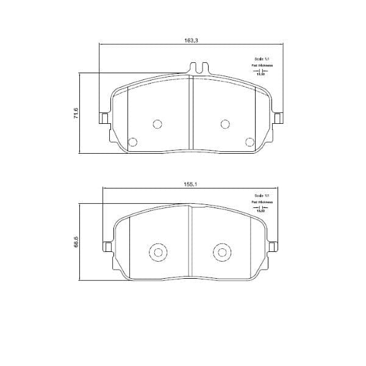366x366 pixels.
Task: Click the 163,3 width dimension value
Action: [x=191, y=40]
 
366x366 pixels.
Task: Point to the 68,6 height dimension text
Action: [x=76, y=242]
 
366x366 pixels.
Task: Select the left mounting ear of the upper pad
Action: [x=104, y=118]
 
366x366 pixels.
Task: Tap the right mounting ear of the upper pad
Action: [x=279, y=118]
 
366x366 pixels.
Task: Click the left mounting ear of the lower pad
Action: [x=107, y=246]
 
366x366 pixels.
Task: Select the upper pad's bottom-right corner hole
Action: [x=249, y=142]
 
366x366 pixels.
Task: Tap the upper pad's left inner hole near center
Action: [x=157, y=124]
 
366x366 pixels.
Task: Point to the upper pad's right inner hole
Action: [x=224, y=124]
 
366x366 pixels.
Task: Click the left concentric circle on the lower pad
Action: [x=157, y=253]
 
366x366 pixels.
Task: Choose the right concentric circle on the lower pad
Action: [x=220, y=253]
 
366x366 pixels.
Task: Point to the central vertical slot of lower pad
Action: [x=192, y=242]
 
